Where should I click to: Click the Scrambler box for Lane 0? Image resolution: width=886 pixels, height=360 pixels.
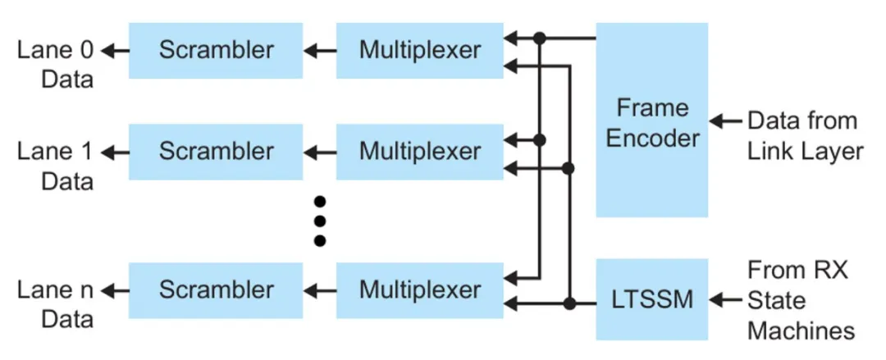[216, 50]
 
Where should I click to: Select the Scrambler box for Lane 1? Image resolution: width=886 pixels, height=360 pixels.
[216, 152]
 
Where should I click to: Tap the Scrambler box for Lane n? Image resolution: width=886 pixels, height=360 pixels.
[216, 289]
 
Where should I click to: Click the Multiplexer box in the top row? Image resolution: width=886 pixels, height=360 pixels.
[420, 50]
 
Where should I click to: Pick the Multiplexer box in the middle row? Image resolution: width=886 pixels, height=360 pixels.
[420, 152]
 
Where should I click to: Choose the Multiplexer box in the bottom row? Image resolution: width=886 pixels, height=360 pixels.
[420, 289]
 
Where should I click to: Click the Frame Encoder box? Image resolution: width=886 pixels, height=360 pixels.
[652, 121]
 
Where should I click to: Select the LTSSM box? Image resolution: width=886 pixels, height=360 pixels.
[652, 300]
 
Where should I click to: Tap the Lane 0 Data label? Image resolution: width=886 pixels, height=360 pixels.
[56, 64]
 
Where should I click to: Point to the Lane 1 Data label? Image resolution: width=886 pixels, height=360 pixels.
[56, 166]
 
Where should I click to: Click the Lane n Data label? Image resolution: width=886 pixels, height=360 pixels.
[56, 303]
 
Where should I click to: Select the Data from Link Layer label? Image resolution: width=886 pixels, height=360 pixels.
[804, 135]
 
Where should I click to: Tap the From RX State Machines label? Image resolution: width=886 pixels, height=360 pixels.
[801, 300]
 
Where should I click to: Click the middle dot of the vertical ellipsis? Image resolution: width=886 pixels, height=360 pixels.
[320, 221]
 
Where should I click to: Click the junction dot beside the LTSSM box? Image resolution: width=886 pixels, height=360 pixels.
[568, 304]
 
